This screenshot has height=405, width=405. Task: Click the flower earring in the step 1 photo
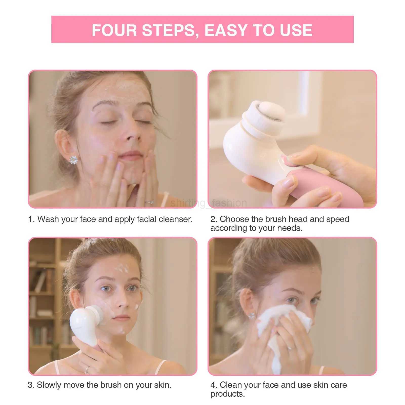[73, 160]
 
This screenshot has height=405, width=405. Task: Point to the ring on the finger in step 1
[149, 202]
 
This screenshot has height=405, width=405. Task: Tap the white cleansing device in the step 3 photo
[84, 324]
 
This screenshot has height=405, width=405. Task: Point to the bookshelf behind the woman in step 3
[43, 304]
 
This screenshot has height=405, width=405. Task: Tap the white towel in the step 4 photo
[283, 329]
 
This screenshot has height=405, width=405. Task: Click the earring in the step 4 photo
[252, 315]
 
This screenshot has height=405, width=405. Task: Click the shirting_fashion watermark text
[209, 203]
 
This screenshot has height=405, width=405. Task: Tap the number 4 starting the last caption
[213, 385]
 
